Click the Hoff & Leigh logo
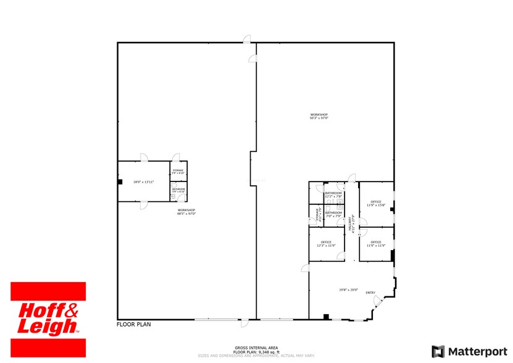tap(48, 317)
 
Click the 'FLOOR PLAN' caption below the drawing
tap(134, 324)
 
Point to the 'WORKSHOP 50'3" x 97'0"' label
tap(319, 116)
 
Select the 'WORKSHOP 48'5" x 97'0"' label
tap(186, 212)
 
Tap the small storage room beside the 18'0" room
tap(178, 172)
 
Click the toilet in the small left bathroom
tap(173, 196)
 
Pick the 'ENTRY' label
tap(370, 293)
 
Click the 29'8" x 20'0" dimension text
tap(348, 290)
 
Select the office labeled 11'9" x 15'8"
tap(376, 204)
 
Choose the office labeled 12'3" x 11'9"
tap(326, 244)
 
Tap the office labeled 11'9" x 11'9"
tap(376, 244)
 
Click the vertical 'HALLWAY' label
tap(351, 223)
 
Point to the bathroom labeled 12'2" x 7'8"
tap(333, 195)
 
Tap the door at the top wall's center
tap(246, 41)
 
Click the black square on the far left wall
tap(120, 181)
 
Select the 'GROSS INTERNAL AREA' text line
tap(256, 348)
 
